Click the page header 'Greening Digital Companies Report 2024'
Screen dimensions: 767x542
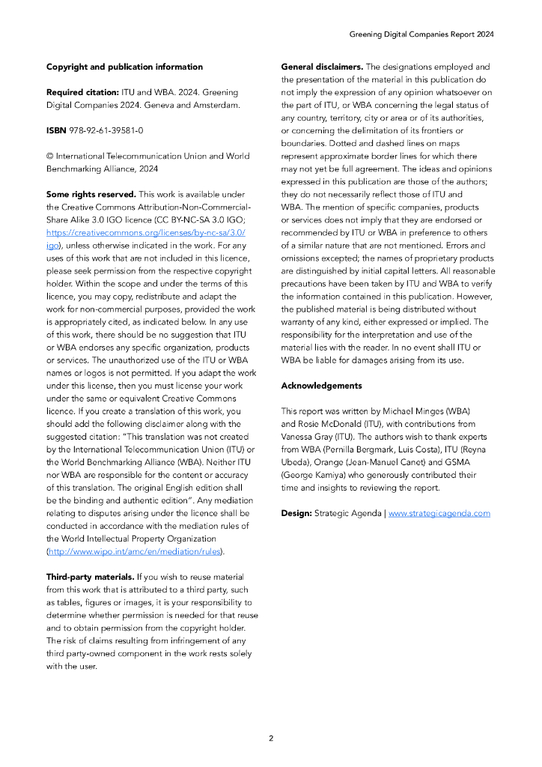[421, 34]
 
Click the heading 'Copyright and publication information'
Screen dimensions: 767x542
[124, 67]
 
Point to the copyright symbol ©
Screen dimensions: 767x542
[49, 156]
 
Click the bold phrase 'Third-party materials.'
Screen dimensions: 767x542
[90, 577]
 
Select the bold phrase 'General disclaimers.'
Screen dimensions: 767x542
[322, 67]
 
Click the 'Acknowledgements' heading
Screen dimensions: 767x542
[321, 386]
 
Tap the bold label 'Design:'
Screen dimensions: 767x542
[296, 513]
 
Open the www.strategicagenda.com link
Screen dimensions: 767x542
[439, 513]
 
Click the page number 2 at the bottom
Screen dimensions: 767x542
[271, 738]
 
